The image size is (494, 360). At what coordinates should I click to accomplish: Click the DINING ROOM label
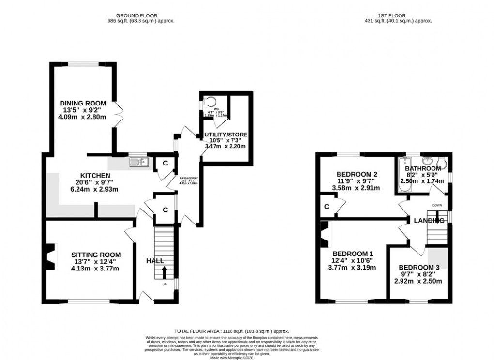(x=82, y=103)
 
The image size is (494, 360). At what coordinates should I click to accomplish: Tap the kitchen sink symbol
(x=138, y=162)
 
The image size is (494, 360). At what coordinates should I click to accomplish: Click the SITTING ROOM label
(x=96, y=255)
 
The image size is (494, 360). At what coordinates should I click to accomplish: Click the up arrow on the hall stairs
(x=164, y=272)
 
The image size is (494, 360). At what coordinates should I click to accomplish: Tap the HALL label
(x=155, y=261)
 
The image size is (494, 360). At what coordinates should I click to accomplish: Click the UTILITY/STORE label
(x=226, y=135)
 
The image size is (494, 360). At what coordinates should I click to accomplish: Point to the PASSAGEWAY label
(x=188, y=179)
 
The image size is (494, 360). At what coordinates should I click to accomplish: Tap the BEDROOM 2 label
(x=358, y=174)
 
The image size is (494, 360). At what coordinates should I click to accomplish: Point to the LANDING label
(x=429, y=221)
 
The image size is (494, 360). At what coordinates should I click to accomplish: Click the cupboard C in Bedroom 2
(x=327, y=206)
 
